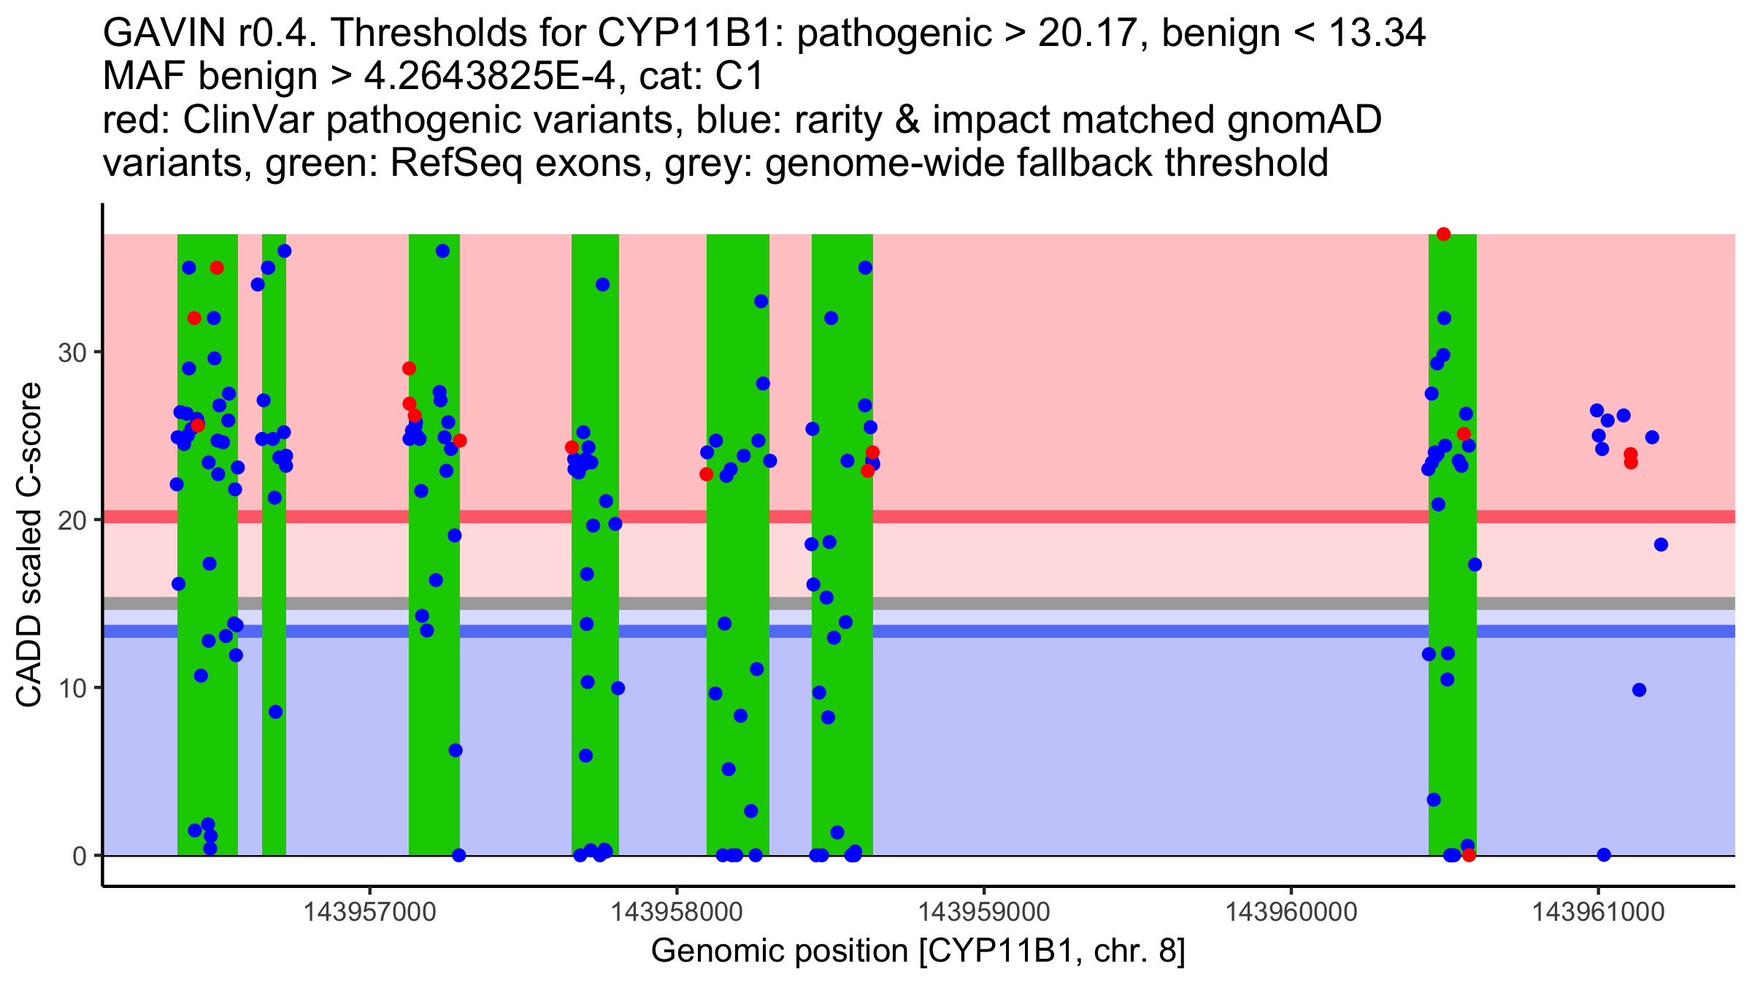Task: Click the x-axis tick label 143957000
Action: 369,912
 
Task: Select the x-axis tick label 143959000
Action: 983,912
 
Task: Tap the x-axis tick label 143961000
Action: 1598,912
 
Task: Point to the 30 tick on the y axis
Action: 72,353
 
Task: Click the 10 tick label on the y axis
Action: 72,688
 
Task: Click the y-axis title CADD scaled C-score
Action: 29,545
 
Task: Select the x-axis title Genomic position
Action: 918,951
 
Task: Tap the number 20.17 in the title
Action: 1083,34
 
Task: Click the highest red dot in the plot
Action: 1443,234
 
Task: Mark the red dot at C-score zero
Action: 1469,855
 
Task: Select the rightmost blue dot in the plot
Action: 1661,544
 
